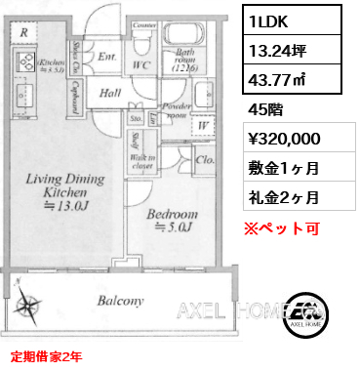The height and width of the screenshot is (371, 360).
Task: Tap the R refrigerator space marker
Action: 22,31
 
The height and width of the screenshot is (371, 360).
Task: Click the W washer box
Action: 203,123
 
